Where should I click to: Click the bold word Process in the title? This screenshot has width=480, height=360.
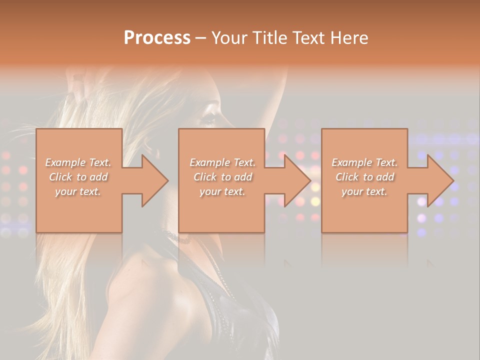click(157, 38)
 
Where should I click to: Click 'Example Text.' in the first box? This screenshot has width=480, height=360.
click(78, 162)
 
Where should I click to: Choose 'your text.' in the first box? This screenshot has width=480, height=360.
click(78, 191)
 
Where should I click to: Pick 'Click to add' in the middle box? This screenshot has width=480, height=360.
click(222, 177)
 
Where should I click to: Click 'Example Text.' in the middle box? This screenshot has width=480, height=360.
click(222, 162)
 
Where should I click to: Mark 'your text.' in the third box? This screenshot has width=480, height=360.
click(364, 191)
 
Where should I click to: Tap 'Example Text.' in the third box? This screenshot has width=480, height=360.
click(364, 162)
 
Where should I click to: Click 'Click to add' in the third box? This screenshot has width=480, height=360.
click(364, 177)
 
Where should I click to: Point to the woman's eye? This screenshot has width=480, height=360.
click(207, 119)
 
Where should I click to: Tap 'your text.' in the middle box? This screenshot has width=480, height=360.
click(222, 191)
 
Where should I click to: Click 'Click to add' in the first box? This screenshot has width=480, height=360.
click(78, 177)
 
